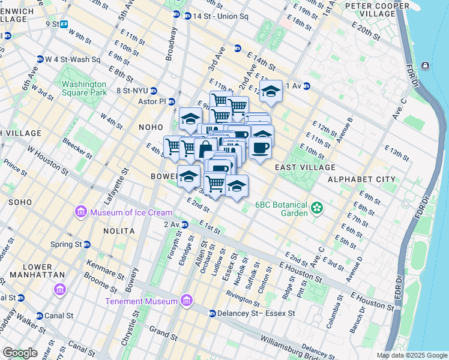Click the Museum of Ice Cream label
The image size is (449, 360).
pyautogui.click(x=131, y=212)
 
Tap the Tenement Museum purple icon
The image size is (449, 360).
pyautogui.click(x=187, y=301)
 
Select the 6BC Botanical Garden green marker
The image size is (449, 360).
pyautogui.click(x=317, y=209)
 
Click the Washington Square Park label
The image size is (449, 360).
pyautogui.click(x=84, y=89)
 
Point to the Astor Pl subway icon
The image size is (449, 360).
pyautogui.click(x=171, y=101)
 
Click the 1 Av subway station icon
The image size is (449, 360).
pyautogui.click(x=307, y=86)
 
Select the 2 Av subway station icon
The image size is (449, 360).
pyautogui.click(x=185, y=224)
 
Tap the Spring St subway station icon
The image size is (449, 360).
pyautogui.click(x=87, y=244)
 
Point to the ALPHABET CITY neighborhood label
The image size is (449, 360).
pyautogui.click(x=361, y=179)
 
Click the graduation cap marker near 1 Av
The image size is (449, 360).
pyautogui.click(x=271, y=91)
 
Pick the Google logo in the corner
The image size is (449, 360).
pyautogui.click(x=20, y=353)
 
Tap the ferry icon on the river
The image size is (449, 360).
pyautogui.click(x=426, y=65)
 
